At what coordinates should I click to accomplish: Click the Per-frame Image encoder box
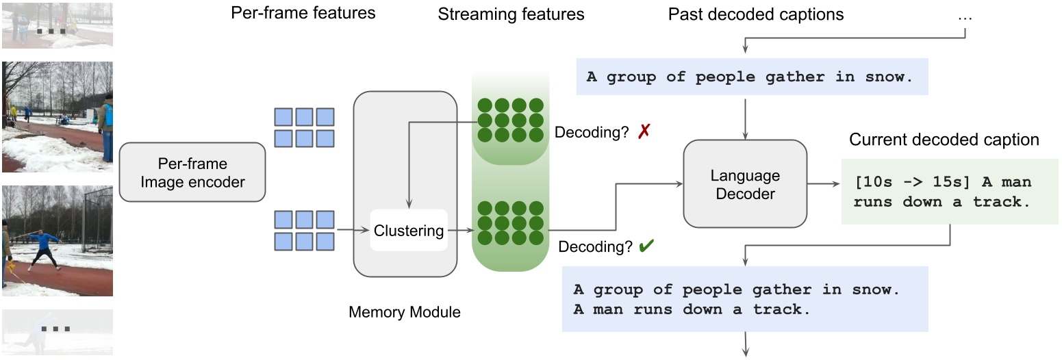[192, 172]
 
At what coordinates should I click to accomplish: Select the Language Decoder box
[745, 185]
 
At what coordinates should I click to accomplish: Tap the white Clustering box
[409, 231]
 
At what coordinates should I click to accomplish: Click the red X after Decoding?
[643, 132]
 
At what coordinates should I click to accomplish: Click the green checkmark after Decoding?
[645, 247]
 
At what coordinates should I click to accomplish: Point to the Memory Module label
[405, 313]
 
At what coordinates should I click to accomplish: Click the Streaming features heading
[511, 14]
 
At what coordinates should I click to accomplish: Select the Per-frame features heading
[303, 13]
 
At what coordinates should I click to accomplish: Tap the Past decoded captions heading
[755, 14]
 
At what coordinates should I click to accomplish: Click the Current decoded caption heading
[944, 140]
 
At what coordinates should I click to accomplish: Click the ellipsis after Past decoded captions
[965, 16]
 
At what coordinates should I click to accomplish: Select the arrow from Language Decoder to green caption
[824, 185]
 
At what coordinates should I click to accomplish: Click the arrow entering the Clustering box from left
[353, 231]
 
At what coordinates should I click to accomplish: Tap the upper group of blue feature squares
[304, 127]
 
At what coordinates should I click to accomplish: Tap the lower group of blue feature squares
[304, 230]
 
